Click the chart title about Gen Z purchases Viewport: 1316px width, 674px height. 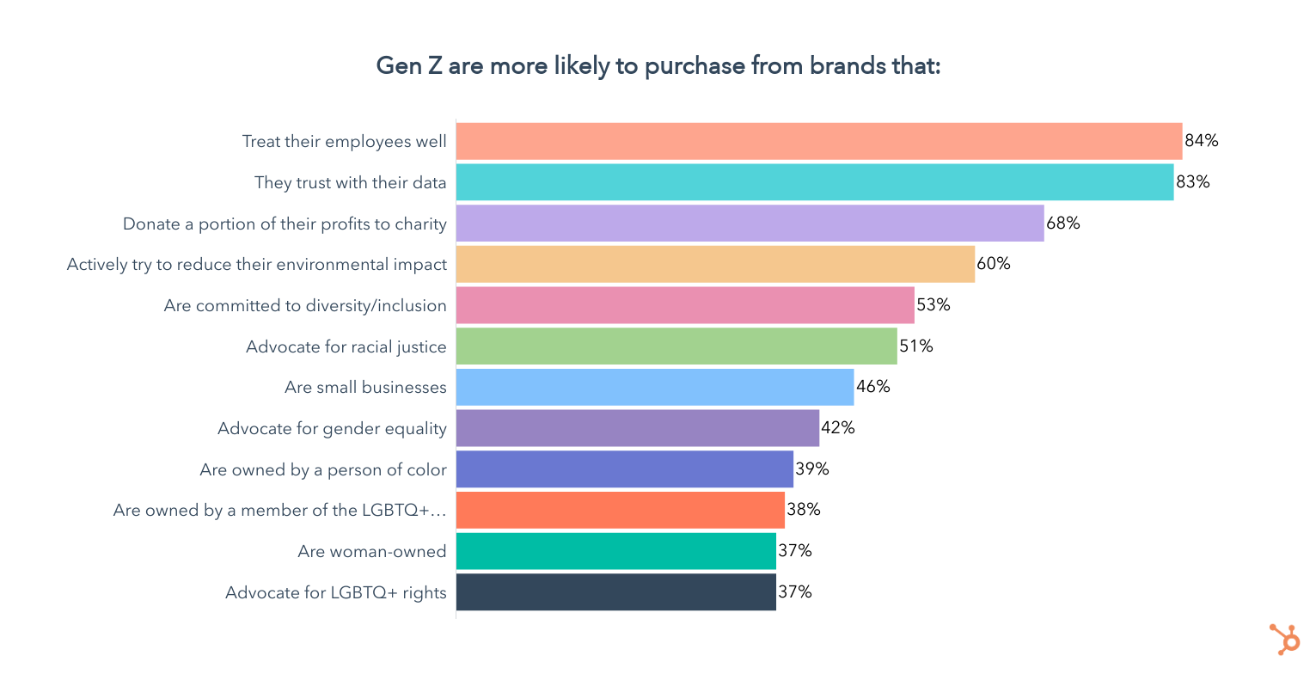tap(658, 66)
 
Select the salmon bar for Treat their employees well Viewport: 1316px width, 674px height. tap(818, 141)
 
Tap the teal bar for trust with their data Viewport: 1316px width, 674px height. tap(814, 182)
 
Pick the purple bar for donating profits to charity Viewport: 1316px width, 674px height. tap(750, 224)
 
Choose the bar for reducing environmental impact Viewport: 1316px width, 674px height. tap(715, 264)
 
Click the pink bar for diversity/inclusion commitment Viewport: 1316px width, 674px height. tap(685, 305)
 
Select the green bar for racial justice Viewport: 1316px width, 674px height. tap(676, 346)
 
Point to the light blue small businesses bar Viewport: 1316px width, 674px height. tap(655, 387)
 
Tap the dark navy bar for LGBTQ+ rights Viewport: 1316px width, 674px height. tap(616, 592)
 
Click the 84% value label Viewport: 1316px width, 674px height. tap(1202, 141)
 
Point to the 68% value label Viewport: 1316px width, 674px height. tap(1063, 224)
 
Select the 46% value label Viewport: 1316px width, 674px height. tap(873, 387)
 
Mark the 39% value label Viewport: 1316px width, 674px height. tap(812, 469)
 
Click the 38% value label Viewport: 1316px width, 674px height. tap(804, 510)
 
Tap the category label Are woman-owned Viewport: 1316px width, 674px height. tap(372, 551)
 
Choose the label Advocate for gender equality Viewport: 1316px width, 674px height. tap(332, 428)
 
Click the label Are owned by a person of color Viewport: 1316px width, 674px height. tap(323, 469)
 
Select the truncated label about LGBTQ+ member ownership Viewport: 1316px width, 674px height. tap(280, 510)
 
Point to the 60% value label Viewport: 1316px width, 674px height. tap(994, 264)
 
